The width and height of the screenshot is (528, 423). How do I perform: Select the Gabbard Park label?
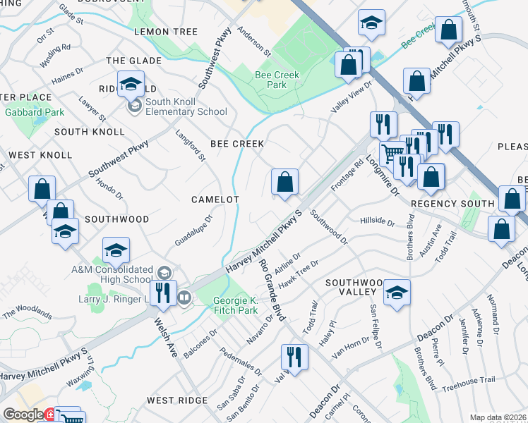click(34, 112)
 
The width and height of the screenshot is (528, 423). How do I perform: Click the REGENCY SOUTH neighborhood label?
click(452, 204)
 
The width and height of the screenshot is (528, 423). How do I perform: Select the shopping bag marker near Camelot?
click(284, 183)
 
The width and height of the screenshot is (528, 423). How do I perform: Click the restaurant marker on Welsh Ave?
click(163, 293)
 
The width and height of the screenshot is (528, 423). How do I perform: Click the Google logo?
click(23, 415)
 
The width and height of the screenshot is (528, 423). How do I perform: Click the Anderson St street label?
click(254, 42)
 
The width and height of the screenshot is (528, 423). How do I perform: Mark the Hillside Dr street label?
click(377, 222)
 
